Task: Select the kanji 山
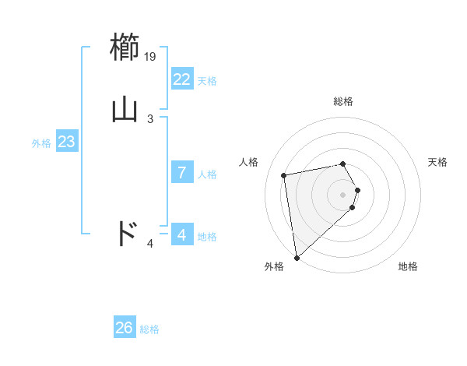[x=126, y=108]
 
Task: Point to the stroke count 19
[x=151, y=57]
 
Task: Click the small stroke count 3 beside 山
[x=150, y=118]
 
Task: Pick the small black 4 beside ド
[x=150, y=245]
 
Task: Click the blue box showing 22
[x=181, y=79]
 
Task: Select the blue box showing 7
[x=181, y=173]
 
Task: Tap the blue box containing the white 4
[x=181, y=235]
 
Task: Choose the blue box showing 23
[x=66, y=142]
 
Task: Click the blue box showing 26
[x=124, y=328]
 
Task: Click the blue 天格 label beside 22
[x=207, y=81]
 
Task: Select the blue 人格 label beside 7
[x=207, y=174]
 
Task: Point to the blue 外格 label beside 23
[x=41, y=143]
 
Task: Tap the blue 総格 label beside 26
[x=149, y=329]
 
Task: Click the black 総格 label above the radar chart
[x=343, y=102]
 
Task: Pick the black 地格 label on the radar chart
[x=408, y=267]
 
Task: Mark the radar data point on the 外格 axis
[x=297, y=257]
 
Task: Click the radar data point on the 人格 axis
[x=284, y=175]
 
